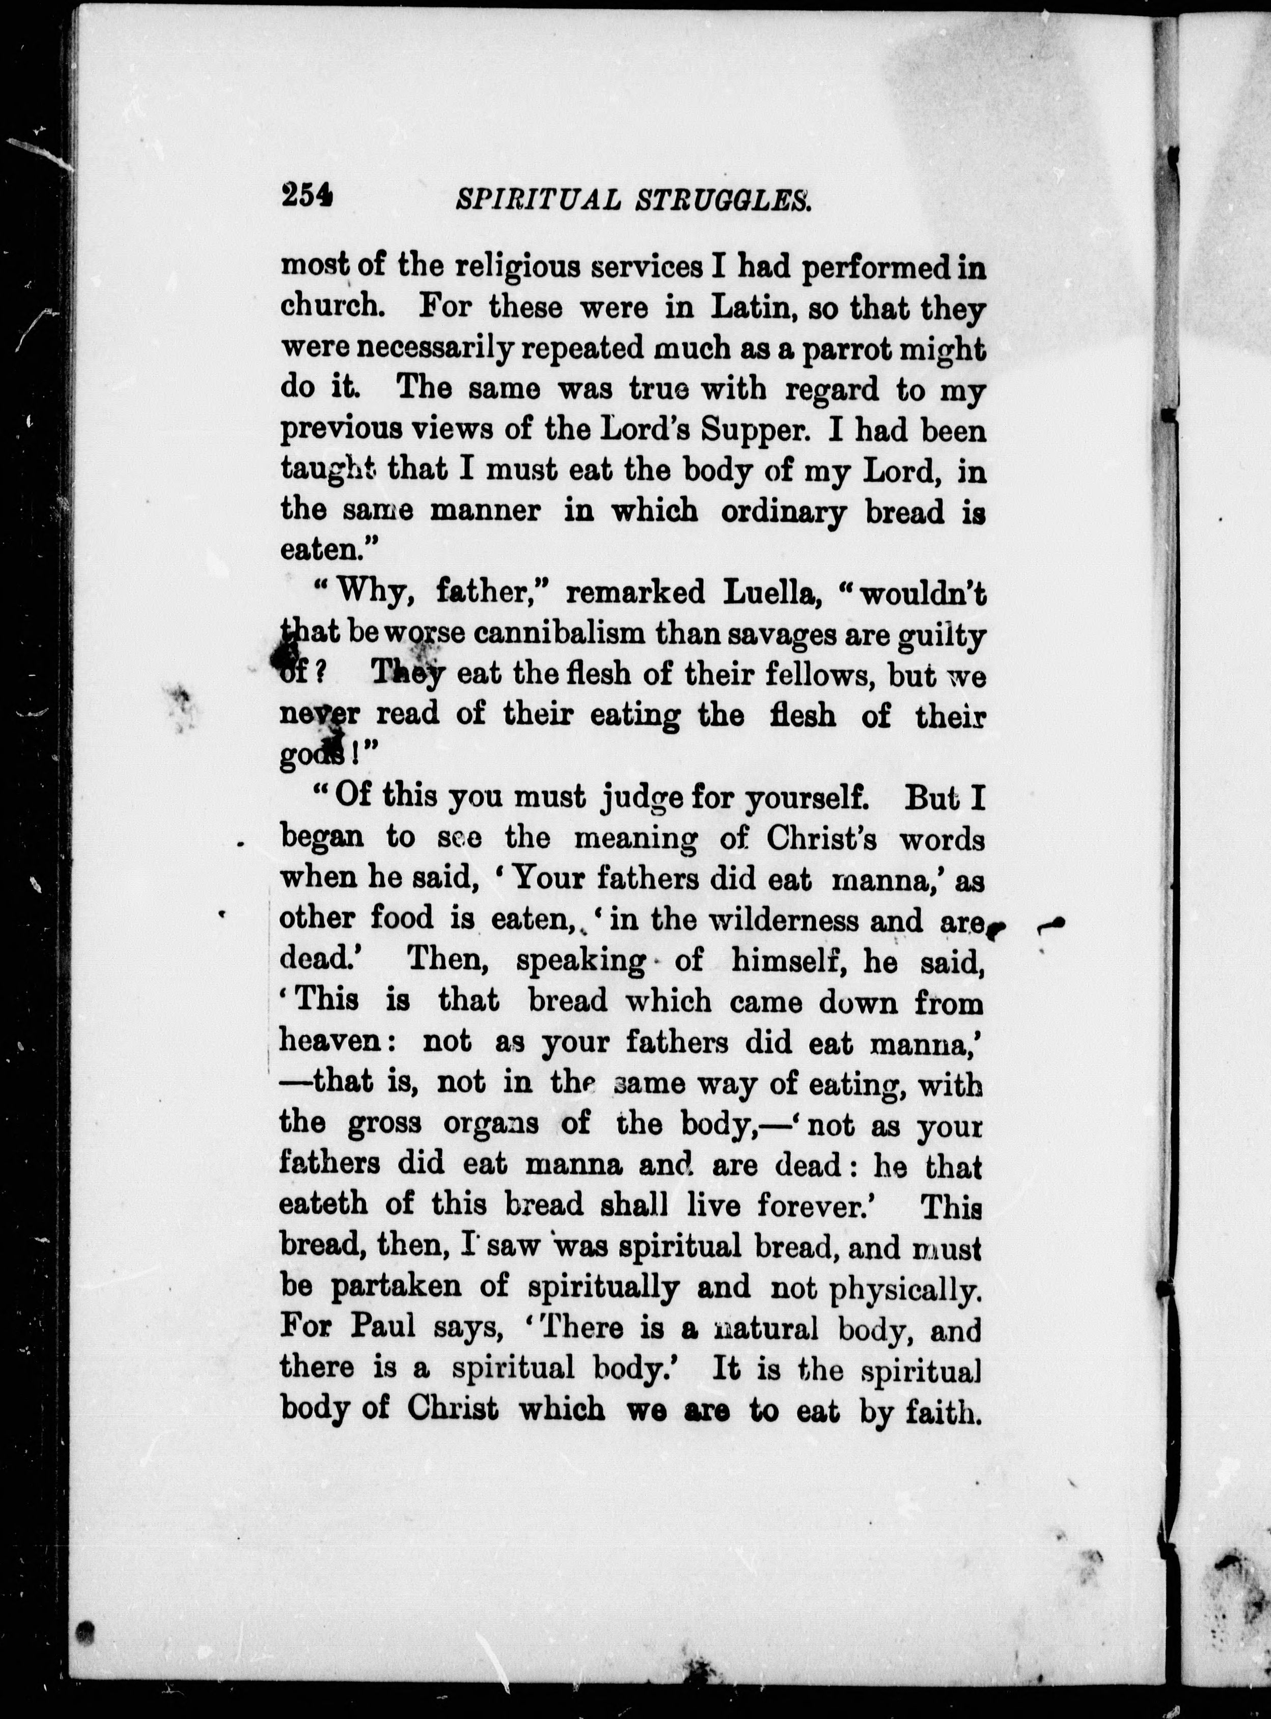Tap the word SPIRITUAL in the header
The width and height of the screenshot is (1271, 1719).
(539, 200)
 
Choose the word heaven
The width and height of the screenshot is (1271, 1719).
(333, 1041)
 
